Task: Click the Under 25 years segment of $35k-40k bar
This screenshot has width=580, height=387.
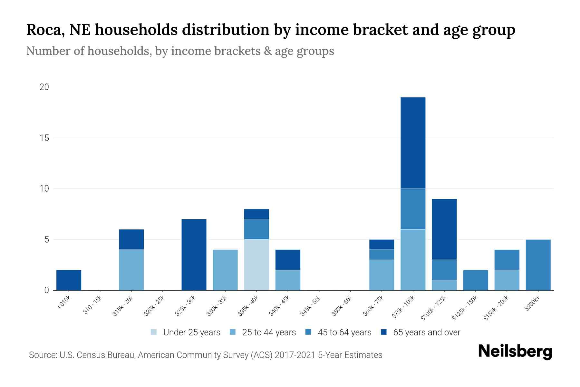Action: [x=256, y=264]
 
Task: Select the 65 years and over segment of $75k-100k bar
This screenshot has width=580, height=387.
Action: [x=413, y=143]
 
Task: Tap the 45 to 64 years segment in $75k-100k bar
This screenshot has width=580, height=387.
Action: [x=413, y=209]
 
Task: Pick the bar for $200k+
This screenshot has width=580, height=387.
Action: [x=538, y=265]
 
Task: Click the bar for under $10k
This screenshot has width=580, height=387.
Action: [x=69, y=280]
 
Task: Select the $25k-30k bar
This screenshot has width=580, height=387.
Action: [x=194, y=254]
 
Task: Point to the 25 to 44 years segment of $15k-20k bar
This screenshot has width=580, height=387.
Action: [x=131, y=270]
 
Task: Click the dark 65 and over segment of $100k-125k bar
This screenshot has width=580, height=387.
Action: [x=444, y=229]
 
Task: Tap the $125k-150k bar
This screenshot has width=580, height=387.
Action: [x=475, y=280]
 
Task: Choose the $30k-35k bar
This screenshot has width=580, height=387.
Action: [x=225, y=270]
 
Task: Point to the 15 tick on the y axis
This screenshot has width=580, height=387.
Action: [x=44, y=138]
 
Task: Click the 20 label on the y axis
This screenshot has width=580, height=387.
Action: [x=44, y=87]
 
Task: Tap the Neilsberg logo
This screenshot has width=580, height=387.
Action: [x=515, y=352]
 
